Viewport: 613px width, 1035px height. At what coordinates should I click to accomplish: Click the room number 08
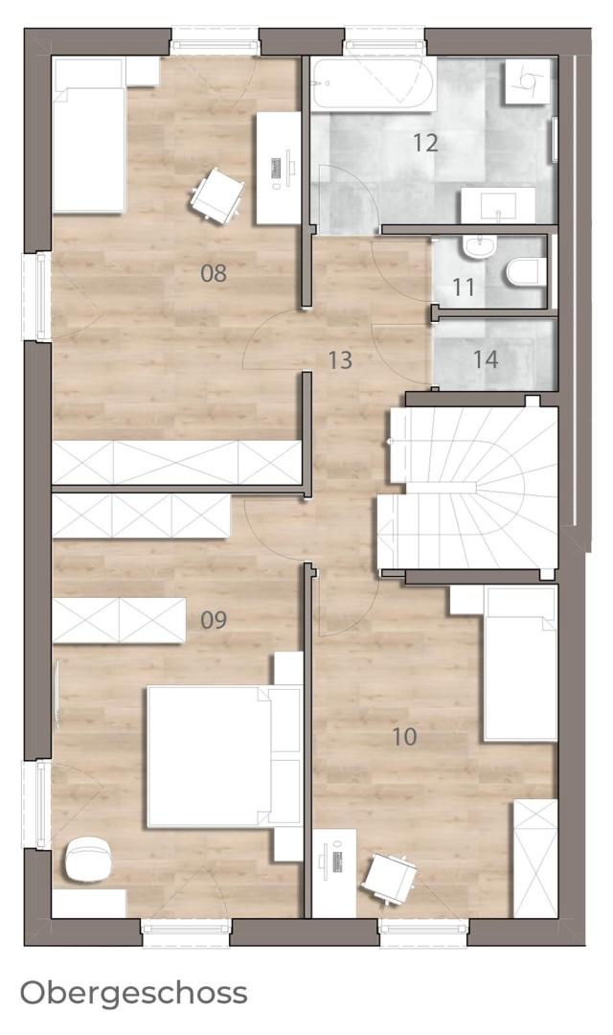[x=214, y=272]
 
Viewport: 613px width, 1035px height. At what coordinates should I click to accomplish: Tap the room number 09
[x=214, y=620]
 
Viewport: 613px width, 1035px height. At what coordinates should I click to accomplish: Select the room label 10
[x=404, y=736]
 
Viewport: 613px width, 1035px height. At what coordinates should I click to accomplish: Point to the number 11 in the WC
[x=464, y=287]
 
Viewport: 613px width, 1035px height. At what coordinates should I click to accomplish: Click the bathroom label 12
[x=425, y=142]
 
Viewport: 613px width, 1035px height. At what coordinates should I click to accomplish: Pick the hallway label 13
[x=340, y=360]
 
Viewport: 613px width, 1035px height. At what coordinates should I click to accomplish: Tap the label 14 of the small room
[x=485, y=359]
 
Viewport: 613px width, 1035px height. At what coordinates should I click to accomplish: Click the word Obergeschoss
[x=134, y=993]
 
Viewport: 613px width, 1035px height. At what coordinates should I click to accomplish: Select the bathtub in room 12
[x=373, y=84]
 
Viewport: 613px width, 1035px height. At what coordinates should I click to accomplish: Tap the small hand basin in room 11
[x=479, y=247]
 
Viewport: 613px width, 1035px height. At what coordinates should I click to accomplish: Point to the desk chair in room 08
[x=216, y=195]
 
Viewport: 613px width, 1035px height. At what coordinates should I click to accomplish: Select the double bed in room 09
[x=224, y=756]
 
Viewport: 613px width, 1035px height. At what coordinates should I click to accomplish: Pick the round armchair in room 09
[x=89, y=859]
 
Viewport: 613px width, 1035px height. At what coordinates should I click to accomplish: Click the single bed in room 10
[x=521, y=663]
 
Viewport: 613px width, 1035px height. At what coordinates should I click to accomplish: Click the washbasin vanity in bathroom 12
[x=498, y=205]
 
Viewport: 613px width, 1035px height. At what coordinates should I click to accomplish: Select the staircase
[x=467, y=488]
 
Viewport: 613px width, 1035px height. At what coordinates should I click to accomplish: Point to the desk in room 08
[x=279, y=168]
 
